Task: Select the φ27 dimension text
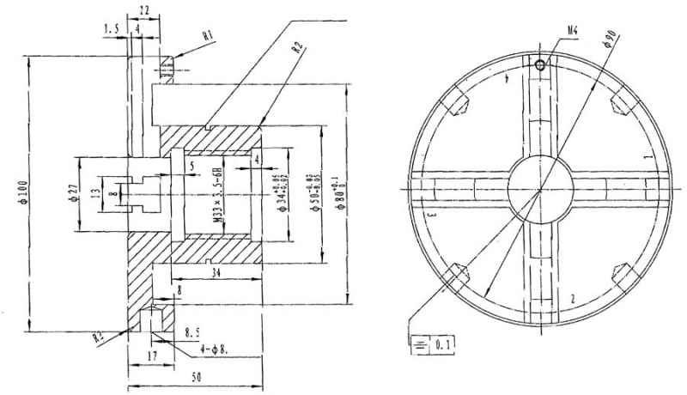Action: tap(75, 194)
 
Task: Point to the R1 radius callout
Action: tap(207, 36)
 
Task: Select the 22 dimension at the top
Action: tap(143, 9)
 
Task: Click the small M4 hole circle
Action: tap(538, 64)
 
